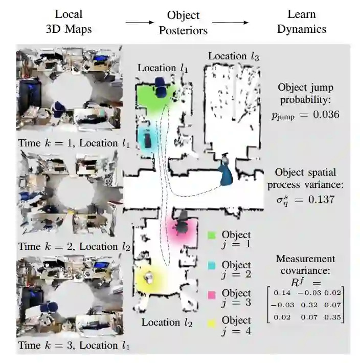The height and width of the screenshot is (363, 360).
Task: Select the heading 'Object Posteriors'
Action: click(x=183, y=23)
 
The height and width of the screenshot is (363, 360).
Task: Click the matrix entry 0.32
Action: click(x=306, y=305)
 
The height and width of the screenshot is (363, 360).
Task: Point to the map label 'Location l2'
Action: click(x=167, y=323)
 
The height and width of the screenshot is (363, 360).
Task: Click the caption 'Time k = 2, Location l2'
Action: click(x=73, y=246)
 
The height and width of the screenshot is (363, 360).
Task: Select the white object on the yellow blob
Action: click(x=149, y=277)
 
